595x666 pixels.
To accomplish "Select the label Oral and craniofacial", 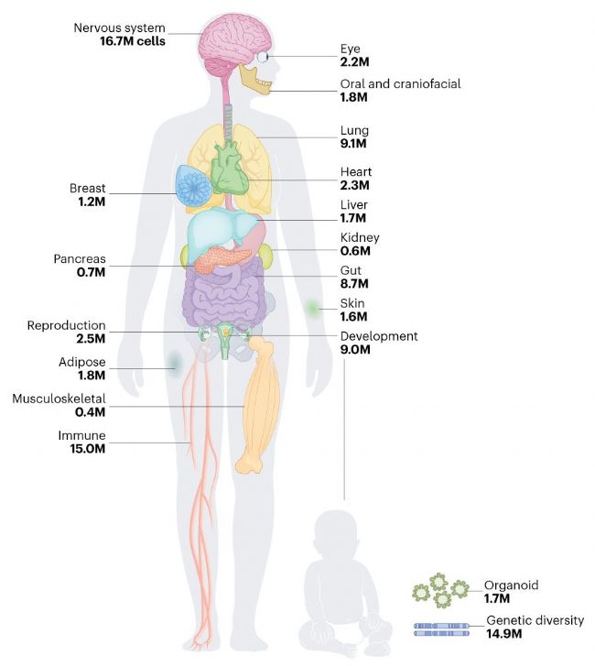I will point(400,84).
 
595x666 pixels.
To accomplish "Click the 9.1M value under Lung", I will point(353,144).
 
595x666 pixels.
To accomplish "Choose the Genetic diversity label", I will point(535,620).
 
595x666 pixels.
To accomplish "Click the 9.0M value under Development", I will point(354,350).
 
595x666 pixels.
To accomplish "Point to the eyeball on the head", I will point(264,56).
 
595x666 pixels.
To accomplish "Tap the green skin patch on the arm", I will point(314,309).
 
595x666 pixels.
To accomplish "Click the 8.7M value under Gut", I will point(353,284).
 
